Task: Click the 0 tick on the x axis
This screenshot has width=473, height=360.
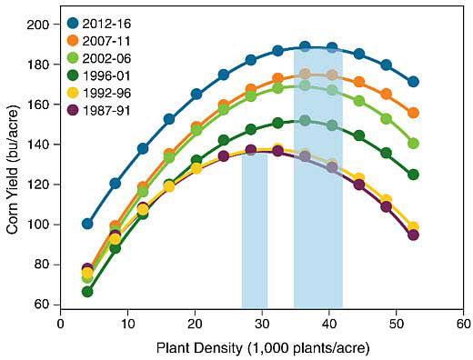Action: [x=60, y=322]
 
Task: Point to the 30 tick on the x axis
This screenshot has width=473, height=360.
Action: [x=262, y=322]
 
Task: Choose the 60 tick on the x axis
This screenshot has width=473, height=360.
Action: [x=463, y=322]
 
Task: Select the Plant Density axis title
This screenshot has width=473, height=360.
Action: [x=262, y=346]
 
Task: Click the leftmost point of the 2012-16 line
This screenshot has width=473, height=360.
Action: [x=87, y=224]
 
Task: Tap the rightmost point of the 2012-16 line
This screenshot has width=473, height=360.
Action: [x=414, y=82]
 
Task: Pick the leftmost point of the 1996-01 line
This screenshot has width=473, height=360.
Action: [x=87, y=292]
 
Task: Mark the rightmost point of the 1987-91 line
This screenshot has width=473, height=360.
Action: [x=414, y=235]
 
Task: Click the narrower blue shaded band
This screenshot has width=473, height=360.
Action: [x=255, y=232]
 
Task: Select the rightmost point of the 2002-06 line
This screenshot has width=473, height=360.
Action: [x=414, y=144]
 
